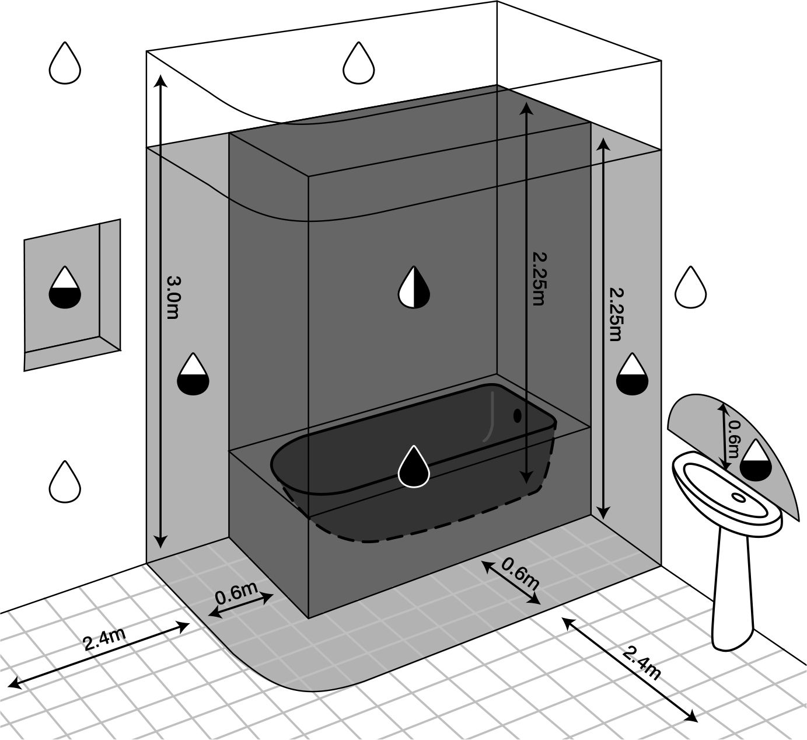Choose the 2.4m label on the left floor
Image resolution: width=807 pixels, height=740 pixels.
105,640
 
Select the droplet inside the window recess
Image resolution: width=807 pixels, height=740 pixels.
65,287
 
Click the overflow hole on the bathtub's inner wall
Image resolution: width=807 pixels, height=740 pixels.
517,415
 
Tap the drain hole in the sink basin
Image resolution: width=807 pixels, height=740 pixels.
738,498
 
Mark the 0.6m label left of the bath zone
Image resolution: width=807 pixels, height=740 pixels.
236,595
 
